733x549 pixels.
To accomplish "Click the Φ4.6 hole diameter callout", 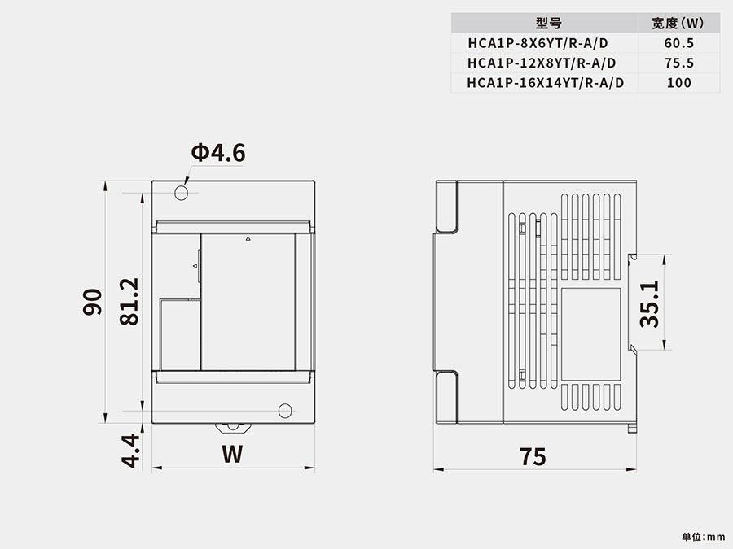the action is click(x=217, y=153).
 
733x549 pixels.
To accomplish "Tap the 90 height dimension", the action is click(x=92, y=302).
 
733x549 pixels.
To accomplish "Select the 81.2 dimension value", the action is click(x=129, y=302).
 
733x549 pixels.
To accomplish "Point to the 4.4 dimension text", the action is click(x=130, y=451).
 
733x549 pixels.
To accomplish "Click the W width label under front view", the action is click(x=232, y=454).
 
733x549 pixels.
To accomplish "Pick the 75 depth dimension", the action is click(x=533, y=456).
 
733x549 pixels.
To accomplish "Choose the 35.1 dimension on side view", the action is click(x=649, y=303).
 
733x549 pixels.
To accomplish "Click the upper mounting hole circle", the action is click(x=181, y=192).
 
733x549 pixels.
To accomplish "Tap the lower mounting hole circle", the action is click(x=285, y=411).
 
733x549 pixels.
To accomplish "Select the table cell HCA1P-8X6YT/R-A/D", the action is click(x=538, y=43).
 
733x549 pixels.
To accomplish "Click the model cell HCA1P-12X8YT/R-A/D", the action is click(x=542, y=63).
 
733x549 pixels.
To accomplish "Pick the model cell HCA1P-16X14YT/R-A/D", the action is click(x=545, y=83).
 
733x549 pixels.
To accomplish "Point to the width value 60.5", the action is click(x=678, y=43).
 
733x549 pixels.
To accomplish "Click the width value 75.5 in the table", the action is click(x=678, y=63).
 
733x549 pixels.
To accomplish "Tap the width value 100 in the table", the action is click(x=678, y=83).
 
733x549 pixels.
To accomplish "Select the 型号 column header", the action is click(x=548, y=23).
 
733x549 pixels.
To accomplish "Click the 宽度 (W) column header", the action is click(x=678, y=23).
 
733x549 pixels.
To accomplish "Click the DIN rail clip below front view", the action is click(x=232, y=427).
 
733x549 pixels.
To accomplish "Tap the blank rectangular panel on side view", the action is click(x=591, y=334).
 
